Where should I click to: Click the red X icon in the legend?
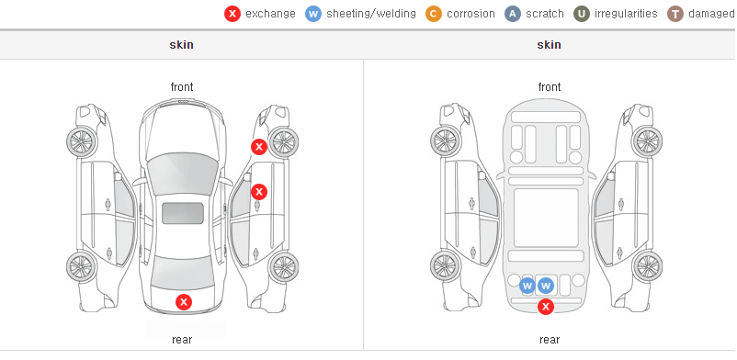point(232,14)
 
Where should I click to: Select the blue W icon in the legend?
point(313,14)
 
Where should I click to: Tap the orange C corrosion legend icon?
point(434,14)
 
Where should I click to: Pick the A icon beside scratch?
point(513,14)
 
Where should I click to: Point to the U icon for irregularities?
point(582,14)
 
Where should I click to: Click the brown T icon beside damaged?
point(675,14)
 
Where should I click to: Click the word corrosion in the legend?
point(471,14)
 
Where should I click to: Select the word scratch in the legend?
point(545,14)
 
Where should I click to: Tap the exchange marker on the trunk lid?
point(184,302)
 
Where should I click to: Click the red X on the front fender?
point(258,147)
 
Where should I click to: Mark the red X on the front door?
point(259,192)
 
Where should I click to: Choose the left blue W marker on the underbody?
point(527,286)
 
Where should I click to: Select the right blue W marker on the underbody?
point(546,286)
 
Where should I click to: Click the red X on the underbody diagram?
point(545,307)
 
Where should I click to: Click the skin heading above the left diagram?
point(181,45)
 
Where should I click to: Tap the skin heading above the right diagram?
point(549,45)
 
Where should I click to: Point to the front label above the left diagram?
point(182,87)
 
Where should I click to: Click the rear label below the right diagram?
point(550,340)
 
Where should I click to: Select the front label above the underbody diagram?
point(550,87)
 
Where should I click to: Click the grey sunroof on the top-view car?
point(183,213)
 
